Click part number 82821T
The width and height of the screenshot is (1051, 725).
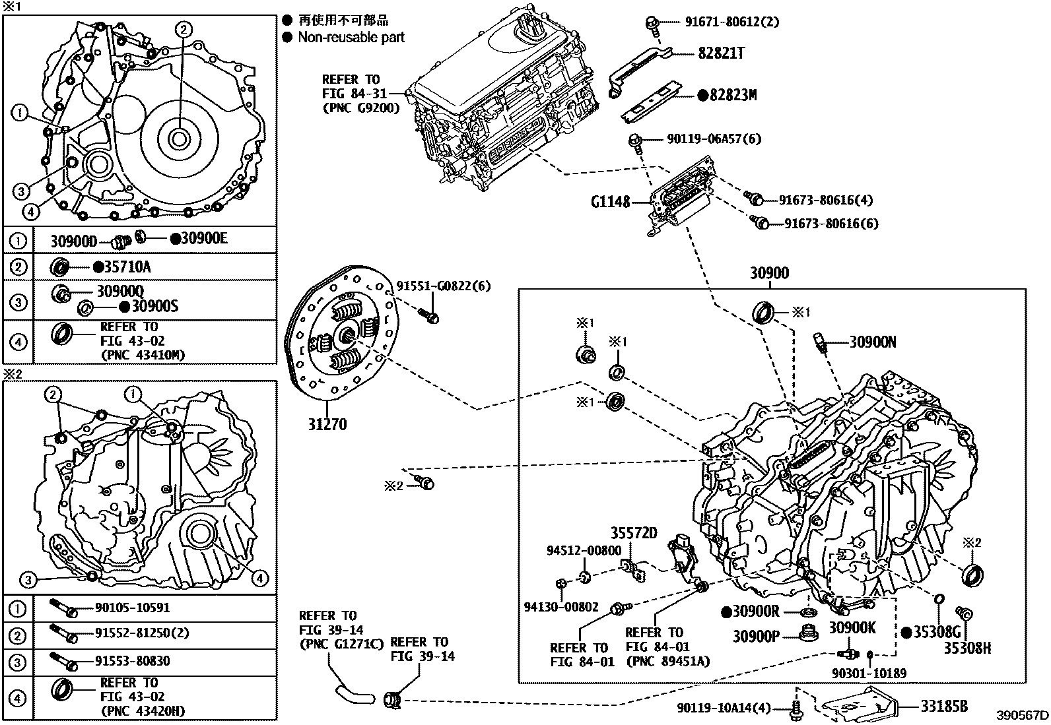point(721,53)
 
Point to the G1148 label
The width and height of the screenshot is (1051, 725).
point(611,201)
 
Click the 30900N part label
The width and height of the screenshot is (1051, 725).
point(872,342)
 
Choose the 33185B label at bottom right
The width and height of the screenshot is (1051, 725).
point(945,706)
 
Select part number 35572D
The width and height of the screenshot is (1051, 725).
point(633,533)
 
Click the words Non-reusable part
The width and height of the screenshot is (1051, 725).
point(351,38)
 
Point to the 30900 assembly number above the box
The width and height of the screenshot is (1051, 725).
point(769,273)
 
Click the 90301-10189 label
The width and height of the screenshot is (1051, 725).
point(869,673)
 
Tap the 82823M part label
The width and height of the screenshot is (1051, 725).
point(732,96)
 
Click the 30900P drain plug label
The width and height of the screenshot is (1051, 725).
point(756,637)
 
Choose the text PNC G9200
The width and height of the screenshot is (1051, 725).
point(360,108)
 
